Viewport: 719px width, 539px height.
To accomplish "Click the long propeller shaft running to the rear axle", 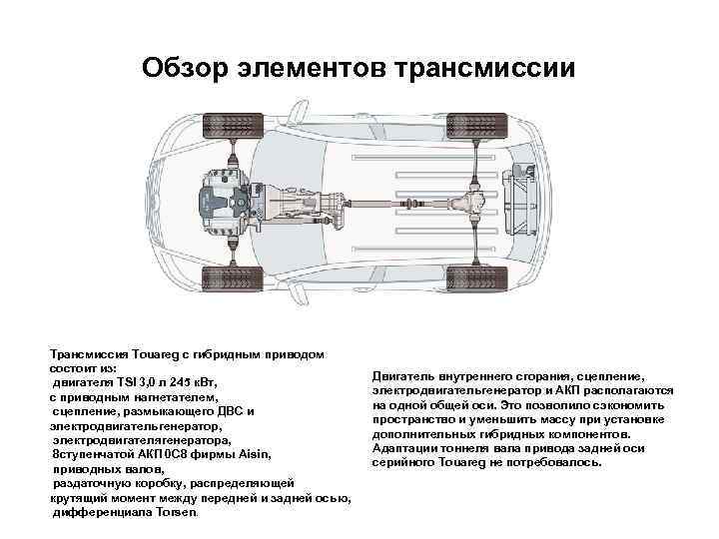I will (399, 203).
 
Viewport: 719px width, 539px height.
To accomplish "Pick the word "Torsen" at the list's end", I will (175, 512).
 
